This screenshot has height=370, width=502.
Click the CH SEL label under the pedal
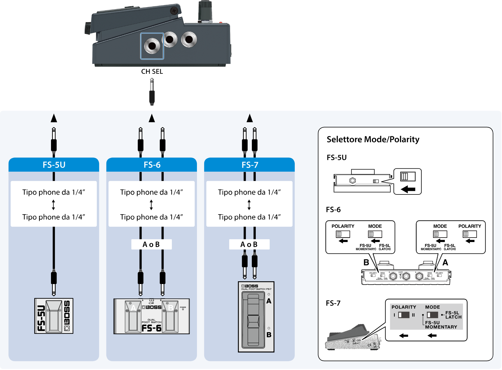click(x=152, y=71)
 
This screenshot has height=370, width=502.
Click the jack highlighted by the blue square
click(x=152, y=46)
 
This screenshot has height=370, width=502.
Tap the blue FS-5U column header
click(x=54, y=165)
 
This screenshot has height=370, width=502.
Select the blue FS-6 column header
click(x=152, y=165)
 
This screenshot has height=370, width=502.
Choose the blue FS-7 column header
click(x=250, y=165)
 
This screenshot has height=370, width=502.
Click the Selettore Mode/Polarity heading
click(x=373, y=139)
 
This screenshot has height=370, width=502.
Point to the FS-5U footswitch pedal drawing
click(x=54, y=316)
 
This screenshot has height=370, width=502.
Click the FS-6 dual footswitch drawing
click(x=152, y=316)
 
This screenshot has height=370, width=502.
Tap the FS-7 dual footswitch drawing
click(x=256, y=317)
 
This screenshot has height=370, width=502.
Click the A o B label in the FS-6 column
click(x=151, y=244)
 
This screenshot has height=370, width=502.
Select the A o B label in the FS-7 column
click(x=249, y=244)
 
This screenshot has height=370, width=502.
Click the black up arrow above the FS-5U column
click(x=54, y=118)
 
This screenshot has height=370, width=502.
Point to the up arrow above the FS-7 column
click(x=250, y=118)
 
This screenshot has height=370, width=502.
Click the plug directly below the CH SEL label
click(x=152, y=92)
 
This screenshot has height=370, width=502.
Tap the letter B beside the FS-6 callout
click(x=366, y=262)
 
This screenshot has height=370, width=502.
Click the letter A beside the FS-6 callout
click(x=445, y=262)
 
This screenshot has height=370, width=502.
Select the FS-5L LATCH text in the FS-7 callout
click(x=453, y=315)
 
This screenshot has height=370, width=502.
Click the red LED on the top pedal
click(x=221, y=22)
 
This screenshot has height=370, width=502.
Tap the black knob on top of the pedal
click(x=205, y=11)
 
